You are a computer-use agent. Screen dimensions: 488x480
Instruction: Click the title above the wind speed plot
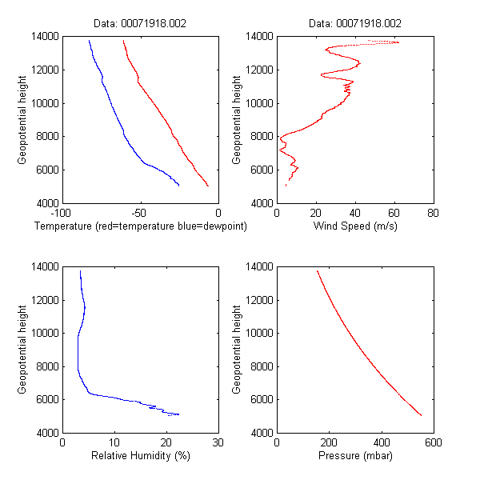click(355, 24)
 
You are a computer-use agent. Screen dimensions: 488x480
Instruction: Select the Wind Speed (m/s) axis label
click(355, 227)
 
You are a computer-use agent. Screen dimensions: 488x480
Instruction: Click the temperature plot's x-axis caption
click(141, 227)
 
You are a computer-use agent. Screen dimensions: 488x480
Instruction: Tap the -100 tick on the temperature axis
click(60, 214)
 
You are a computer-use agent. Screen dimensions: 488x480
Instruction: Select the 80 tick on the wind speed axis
click(433, 214)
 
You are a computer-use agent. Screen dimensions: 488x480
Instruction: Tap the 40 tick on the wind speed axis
click(355, 214)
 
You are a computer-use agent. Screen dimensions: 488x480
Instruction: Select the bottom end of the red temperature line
click(208, 186)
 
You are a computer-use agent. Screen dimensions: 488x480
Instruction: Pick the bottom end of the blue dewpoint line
click(178, 185)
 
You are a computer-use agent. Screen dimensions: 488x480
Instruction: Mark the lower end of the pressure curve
click(421, 415)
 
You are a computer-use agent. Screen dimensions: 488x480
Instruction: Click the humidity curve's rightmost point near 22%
click(178, 414)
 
